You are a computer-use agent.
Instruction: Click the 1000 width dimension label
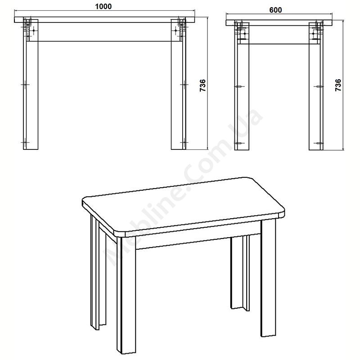point(103,6)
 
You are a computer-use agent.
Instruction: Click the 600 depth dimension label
point(275,10)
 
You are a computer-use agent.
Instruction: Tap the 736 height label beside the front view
point(203,85)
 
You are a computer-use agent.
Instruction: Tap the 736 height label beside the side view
point(338,85)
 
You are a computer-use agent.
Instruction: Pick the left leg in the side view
point(242,88)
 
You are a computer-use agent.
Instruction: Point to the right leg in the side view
point(316,88)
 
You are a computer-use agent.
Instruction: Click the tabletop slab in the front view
point(104,20)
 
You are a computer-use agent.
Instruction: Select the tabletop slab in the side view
point(279,23)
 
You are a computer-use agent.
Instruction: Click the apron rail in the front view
point(104,32)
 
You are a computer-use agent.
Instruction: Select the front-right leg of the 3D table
point(268,277)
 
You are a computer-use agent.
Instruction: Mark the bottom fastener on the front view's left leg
point(25,142)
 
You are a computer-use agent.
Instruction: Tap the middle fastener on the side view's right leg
point(319,86)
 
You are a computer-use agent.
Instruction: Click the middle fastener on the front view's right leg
point(184,85)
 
